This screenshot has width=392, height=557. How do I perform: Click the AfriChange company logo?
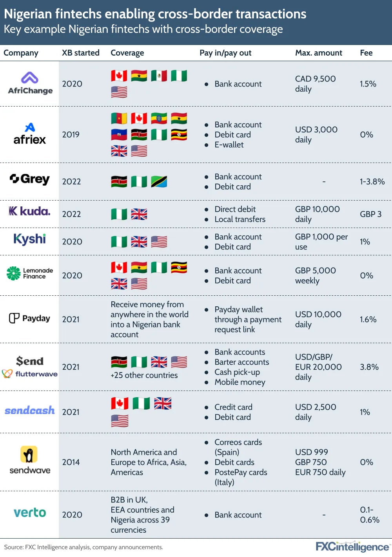point(30,83)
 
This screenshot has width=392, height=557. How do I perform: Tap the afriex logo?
point(30,134)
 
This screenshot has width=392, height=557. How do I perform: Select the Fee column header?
point(366,53)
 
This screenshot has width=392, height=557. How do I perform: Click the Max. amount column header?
point(318,53)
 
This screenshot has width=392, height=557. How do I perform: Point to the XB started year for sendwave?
point(71,462)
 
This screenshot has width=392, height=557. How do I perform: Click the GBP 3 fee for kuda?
point(370,214)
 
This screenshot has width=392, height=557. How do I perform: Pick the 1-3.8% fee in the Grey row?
point(372,181)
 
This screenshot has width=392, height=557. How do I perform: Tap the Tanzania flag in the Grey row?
point(159,181)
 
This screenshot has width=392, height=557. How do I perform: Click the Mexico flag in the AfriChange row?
point(159,76)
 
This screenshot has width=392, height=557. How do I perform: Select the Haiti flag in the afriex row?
point(119,135)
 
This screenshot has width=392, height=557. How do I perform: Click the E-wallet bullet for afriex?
point(229,145)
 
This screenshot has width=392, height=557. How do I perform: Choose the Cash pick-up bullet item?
point(237,372)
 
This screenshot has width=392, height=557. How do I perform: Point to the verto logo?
point(30,513)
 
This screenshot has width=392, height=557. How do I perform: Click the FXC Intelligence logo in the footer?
point(352,547)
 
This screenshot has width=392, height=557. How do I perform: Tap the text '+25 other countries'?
point(144,375)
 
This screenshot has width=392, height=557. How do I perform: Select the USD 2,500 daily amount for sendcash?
point(315,412)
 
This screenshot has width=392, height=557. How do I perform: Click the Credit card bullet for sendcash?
point(233,407)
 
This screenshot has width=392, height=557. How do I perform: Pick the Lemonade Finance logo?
point(30,273)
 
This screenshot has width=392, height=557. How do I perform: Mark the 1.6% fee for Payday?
point(368,319)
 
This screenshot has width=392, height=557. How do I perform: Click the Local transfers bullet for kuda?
point(240,219)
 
